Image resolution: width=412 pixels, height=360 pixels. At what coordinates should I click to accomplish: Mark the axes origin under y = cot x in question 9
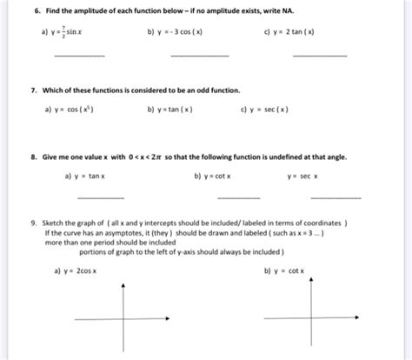tap(311, 319)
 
